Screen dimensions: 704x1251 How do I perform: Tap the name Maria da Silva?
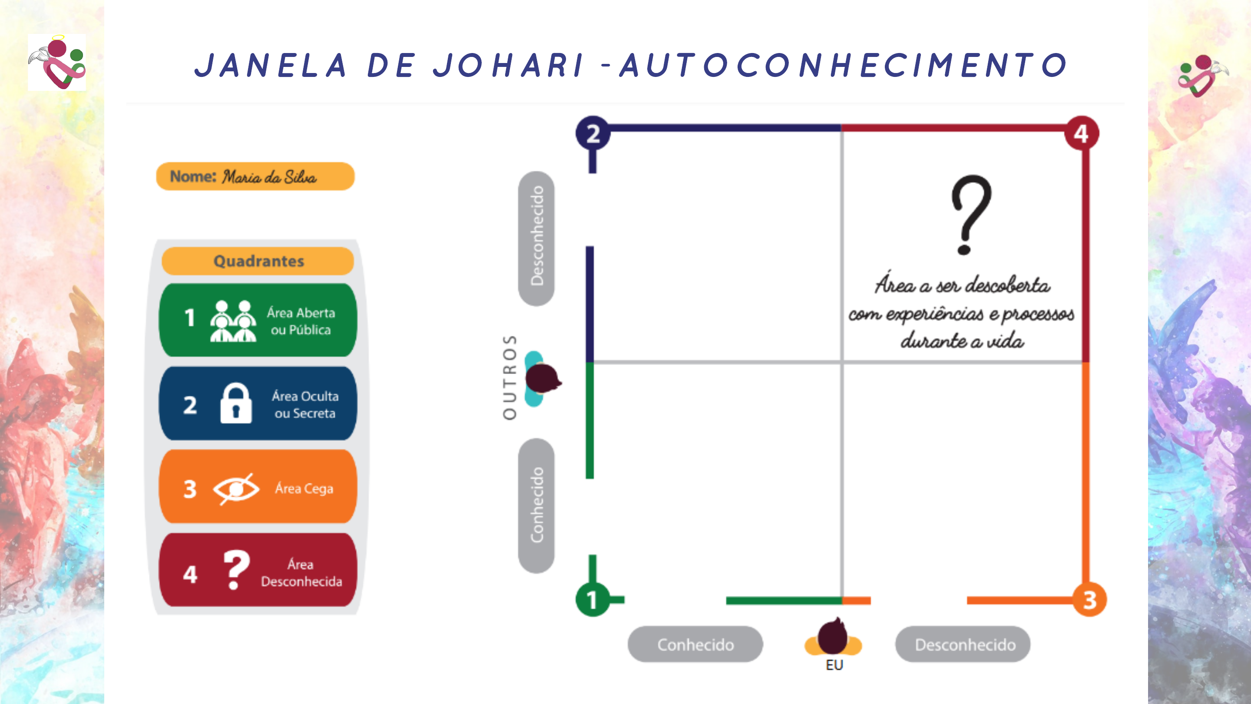(x=269, y=177)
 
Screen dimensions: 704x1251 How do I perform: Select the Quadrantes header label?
(x=258, y=261)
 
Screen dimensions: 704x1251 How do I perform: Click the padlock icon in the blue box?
(x=236, y=403)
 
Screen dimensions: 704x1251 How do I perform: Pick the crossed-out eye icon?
(x=236, y=488)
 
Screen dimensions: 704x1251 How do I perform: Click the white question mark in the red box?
(x=236, y=569)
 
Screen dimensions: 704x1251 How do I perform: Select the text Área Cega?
(x=304, y=488)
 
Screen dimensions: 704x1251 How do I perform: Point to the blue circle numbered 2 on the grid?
(x=592, y=133)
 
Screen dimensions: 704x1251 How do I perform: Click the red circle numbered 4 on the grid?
(x=1082, y=133)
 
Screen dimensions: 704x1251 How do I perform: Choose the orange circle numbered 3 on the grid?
(x=1089, y=600)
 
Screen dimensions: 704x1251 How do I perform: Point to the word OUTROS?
(x=510, y=377)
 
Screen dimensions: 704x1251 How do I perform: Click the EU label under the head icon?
(x=834, y=664)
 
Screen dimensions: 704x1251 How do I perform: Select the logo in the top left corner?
(x=57, y=62)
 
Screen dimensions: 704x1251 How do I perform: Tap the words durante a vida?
(x=962, y=341)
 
